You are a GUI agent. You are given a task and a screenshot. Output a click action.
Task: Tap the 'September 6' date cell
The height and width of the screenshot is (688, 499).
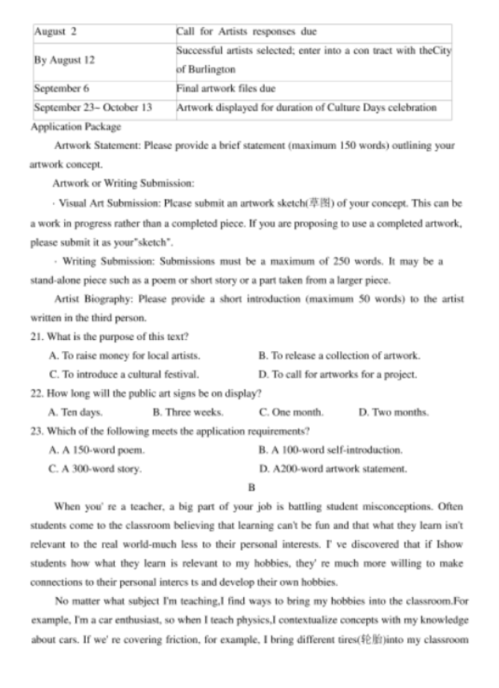[62, 88]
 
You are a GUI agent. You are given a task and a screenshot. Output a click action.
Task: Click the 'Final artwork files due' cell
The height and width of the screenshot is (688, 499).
[225, 88]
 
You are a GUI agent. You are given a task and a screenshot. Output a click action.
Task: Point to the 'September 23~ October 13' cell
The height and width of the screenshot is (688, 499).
[92, 107]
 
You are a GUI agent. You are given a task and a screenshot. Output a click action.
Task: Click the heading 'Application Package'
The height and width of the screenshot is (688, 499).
[76, 127]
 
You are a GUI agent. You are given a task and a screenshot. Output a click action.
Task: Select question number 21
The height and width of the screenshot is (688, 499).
[37, 336]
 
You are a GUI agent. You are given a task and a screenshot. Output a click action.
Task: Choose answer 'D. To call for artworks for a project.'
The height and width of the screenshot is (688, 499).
[337, 374]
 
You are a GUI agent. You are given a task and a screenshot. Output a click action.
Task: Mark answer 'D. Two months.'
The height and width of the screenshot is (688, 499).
[393, 411]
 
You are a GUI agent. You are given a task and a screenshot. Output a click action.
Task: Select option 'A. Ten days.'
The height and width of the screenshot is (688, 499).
[75, 411]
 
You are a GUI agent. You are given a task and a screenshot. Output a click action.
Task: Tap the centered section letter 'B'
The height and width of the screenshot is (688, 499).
[251, 487]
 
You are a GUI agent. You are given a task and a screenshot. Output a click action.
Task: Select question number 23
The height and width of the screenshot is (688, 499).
[37, 431]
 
